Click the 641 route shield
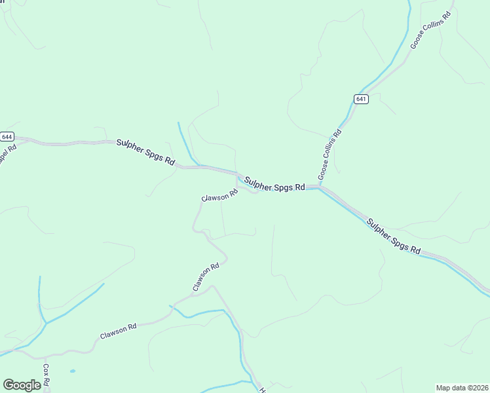pos(361,99)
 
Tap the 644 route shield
pos(7,136)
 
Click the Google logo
pos(22,385)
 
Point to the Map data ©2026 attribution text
pos(462,388)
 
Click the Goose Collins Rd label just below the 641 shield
pos(330,155)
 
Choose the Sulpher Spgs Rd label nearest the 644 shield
pos(146,152)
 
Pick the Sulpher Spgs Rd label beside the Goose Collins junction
pos(274,183)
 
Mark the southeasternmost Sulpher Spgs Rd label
pos(393,236)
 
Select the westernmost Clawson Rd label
pos(118,331)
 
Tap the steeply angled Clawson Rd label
pos(206,278)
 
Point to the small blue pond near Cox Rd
pos(71,371)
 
